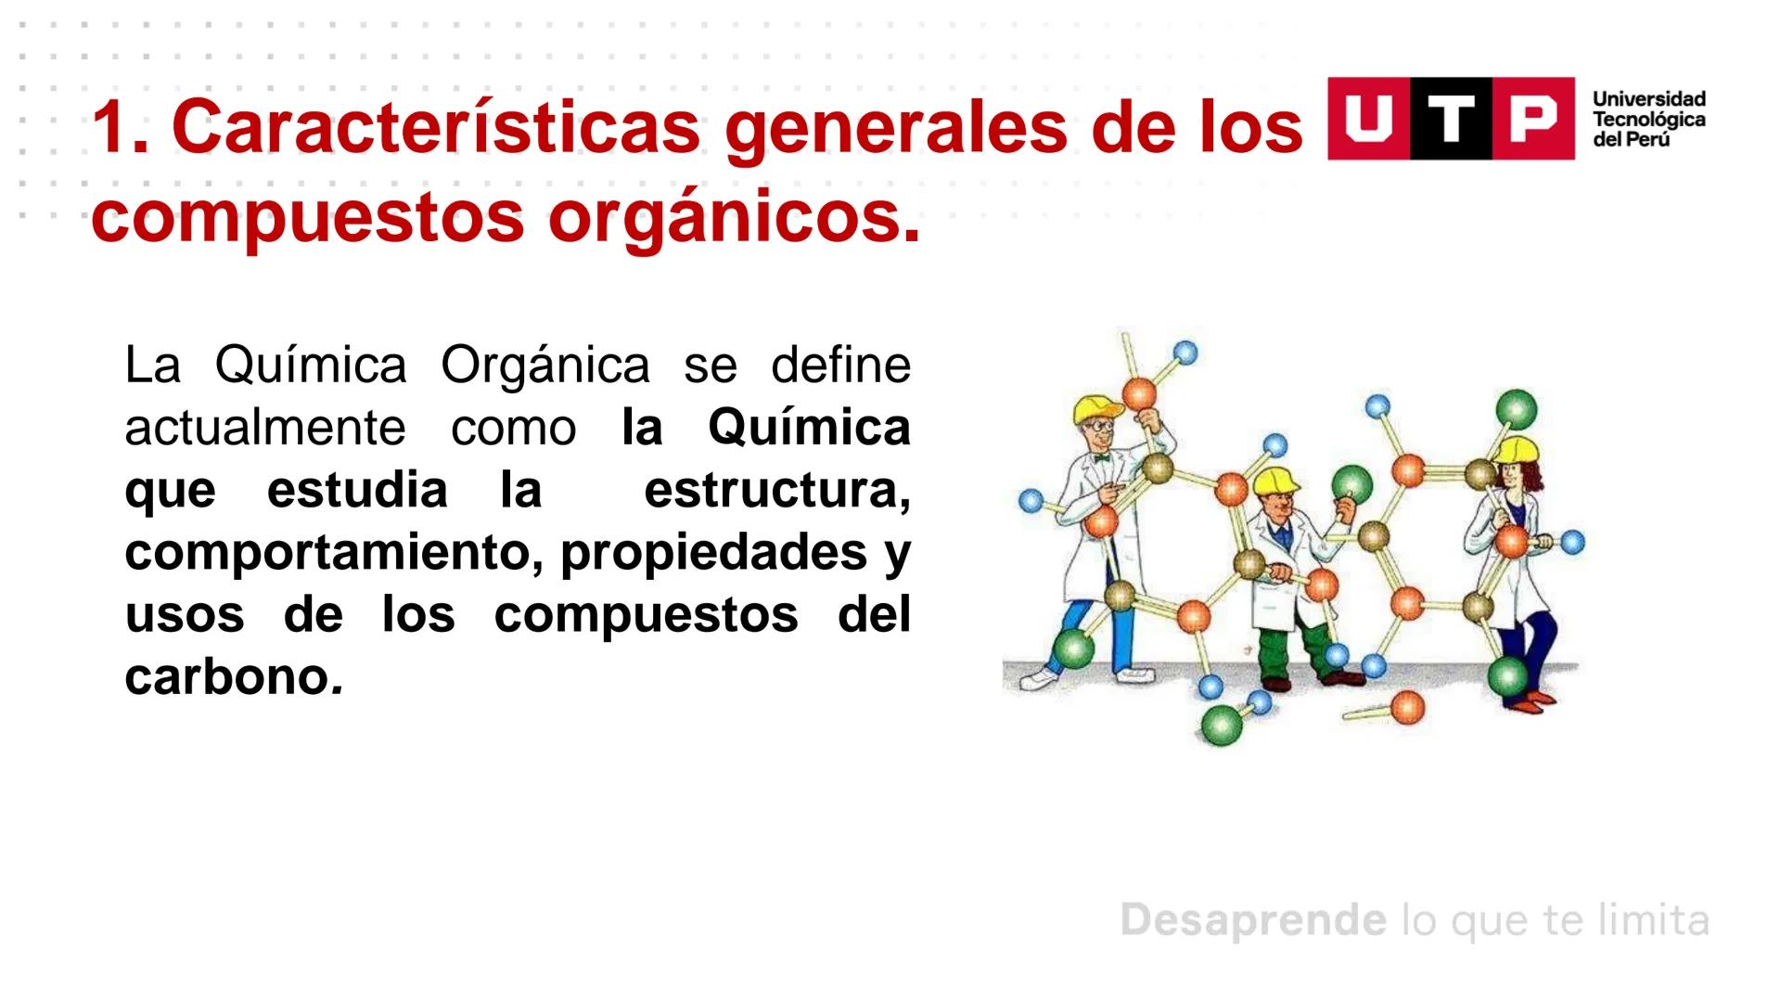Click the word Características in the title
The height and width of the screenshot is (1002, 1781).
click(436, 128)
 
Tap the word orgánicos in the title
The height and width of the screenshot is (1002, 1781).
click(733, 217)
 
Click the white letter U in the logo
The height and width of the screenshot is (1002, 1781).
click(1368, 119)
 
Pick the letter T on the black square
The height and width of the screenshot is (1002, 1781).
click(1451, 119)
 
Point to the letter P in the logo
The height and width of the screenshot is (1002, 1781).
click(1532, 119)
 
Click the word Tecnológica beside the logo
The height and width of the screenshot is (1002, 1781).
click(1648, 120)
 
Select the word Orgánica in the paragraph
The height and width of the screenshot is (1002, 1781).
click(545, 365)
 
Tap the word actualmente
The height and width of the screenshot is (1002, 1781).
click(265, 428)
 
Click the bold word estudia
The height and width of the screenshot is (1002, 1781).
click(357, 490)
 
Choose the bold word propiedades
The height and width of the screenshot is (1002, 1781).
click(714, 553)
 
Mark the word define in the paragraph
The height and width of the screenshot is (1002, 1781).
click(840, 365)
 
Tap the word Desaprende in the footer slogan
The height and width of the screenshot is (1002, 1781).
click(1253, 920)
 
